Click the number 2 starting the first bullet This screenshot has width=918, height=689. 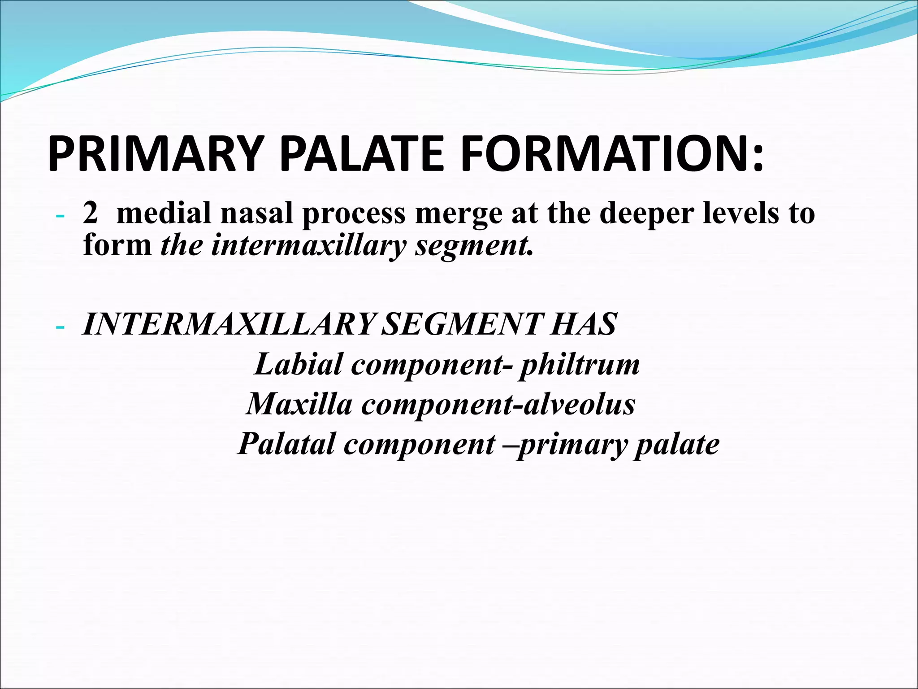(x=90, y=213)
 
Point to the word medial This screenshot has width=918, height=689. (x=164, y=213)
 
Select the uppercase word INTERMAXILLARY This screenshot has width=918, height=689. (x=228, y=324)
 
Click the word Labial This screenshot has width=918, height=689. (x=298, y=364)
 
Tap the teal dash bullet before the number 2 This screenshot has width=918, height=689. (x=60, y=217)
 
